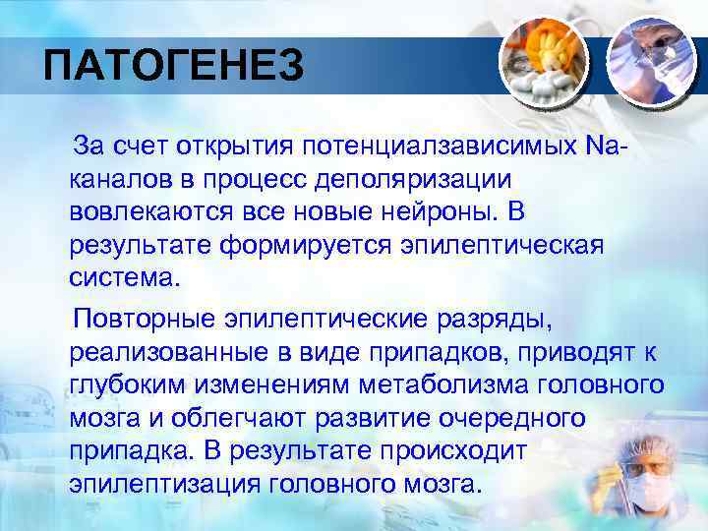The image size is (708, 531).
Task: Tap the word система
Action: pyautogui.click(x=125, y=276)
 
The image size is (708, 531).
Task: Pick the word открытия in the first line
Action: pyautogui.click(x=234, y=147)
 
